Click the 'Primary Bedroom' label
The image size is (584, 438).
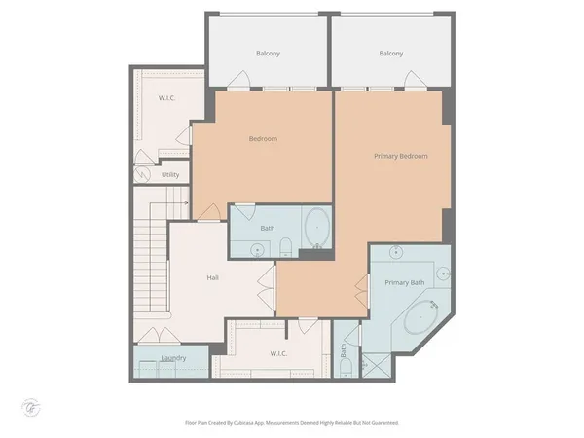click(400, 156)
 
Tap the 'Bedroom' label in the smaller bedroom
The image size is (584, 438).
click(263, 139)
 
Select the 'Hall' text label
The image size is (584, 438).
click(212, 277)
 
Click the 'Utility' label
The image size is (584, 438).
click(170, 175)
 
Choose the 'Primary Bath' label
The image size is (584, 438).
click(404, 283)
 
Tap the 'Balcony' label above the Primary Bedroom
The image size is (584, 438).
click(391, 54)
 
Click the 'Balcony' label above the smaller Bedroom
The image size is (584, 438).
click(268, 54)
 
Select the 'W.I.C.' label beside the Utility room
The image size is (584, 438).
click(166, 99)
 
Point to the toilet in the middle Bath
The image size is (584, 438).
click(283, 248)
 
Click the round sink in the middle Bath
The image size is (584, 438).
click(257, 250)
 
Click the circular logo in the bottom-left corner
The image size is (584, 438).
click(29, 404)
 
